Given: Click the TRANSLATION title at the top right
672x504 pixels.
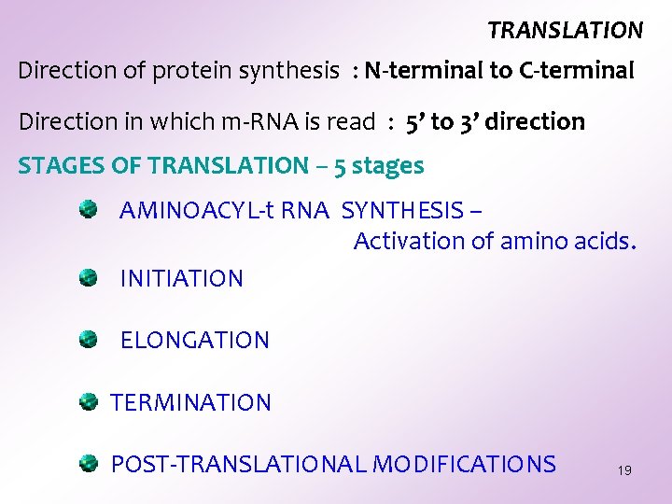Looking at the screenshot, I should (565, 31).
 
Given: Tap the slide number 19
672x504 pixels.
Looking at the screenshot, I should (624, 470).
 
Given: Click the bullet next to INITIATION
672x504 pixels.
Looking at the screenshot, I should (89, 277).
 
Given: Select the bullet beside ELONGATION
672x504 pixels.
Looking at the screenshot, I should (89, 339).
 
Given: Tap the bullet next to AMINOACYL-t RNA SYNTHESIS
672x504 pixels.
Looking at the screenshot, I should (89, 210).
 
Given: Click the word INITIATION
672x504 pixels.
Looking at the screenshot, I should (182, 278).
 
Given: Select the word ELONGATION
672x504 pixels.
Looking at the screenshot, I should (195, 341).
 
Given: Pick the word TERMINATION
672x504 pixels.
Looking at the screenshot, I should (191, 403).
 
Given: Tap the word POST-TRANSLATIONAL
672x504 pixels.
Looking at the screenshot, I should (239, 465).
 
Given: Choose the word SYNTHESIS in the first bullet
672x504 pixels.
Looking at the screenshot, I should (402, 211).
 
